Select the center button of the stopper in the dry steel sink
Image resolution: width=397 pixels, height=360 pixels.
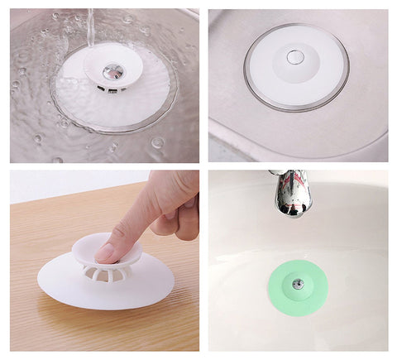tap(295, 56)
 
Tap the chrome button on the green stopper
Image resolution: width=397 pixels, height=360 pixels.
tap(299, 283)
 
